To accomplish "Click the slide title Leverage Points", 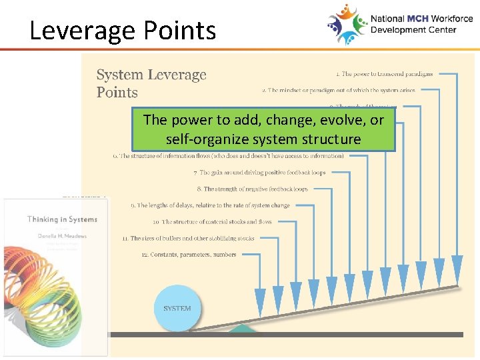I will tap(123, 31).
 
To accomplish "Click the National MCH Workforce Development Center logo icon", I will tap(347, 24).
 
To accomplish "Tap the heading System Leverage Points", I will tap(151, 83).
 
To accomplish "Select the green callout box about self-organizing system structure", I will tap(263, 129).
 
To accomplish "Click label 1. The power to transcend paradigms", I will tap(384, 74).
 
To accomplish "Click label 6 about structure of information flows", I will tap(228, 156).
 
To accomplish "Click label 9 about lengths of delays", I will tap(210, 205).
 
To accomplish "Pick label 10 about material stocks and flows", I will tap(212, 222).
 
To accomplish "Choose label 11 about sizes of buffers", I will tap(188, 238).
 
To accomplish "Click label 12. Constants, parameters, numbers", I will tap(189, 255).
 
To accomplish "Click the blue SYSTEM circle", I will tap(177, 308).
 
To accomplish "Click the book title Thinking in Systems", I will tap(62, 219).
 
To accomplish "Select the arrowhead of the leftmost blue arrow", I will tap(260, 300).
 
